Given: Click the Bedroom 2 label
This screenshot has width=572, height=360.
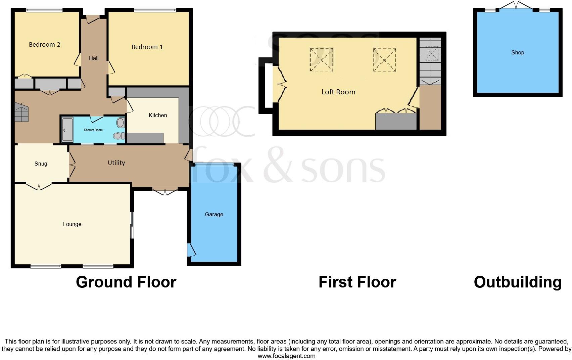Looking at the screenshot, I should (x=44, y=45).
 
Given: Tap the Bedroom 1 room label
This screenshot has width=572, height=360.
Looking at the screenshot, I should (x=147, y=47).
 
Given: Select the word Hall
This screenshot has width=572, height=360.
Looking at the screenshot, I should (x=94, y=58).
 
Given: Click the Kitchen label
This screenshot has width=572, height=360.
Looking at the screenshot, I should (x=158, y=115).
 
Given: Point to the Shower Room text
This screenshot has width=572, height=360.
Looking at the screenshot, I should (x=93, y=130).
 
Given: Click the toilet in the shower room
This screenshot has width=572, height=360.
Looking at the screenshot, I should (x=118, y=136).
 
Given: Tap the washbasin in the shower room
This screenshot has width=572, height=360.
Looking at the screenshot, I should (x=120, y=123).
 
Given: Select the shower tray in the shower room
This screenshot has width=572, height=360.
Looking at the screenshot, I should (x=67, y=129).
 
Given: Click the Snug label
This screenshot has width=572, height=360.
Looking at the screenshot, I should (x=41, y=164).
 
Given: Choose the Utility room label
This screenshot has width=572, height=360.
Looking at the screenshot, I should (x=116, y=163).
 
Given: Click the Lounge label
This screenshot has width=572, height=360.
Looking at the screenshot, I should (x=72, y=224).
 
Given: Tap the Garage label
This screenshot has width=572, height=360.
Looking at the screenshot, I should (x=214, y=214).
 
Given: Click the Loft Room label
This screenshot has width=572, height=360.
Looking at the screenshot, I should (x=338, y=92).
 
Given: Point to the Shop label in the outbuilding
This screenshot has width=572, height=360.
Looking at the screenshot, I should (x=517, y=52).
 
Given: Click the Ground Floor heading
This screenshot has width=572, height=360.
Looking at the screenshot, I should (x=126, y=282).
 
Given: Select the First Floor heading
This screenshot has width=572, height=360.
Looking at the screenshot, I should (x=357, y=282).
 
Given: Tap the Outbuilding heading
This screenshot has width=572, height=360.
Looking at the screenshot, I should (x=517, y=282).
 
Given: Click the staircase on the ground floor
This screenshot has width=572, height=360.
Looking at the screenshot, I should (x=21, y=112).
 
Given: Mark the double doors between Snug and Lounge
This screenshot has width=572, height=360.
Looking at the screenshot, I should (x=39, y=186).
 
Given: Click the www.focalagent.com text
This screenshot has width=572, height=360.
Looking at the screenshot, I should (x=286, y=356).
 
